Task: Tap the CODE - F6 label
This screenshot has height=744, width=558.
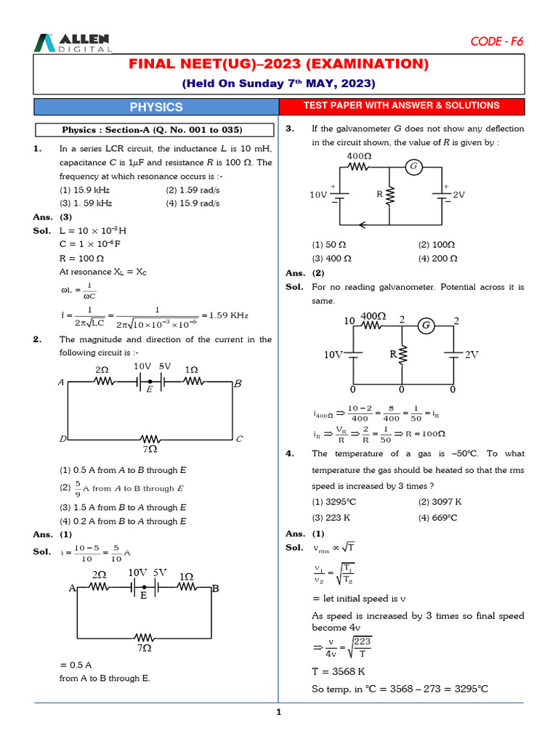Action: point(497,41)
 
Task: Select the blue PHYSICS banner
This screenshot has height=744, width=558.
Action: point(156,107)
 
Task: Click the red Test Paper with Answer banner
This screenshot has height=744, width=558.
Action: point(401,105)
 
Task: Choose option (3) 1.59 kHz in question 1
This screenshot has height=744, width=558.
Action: point(86,203)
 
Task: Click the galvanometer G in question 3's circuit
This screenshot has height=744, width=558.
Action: point(414,168)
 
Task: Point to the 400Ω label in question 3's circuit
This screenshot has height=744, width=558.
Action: point(359,156)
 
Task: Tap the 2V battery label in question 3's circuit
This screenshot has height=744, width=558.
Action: point(458,195)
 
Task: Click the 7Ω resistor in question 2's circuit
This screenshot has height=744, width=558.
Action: point(150,440)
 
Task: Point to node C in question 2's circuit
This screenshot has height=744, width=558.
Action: point(238,439)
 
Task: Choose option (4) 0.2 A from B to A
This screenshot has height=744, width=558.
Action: point(123,521)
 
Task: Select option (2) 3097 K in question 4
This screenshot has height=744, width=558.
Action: point(437,502)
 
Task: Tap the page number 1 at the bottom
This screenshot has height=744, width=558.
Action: point(278,713)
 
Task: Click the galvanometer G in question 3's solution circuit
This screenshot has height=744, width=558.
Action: point(426,326)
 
